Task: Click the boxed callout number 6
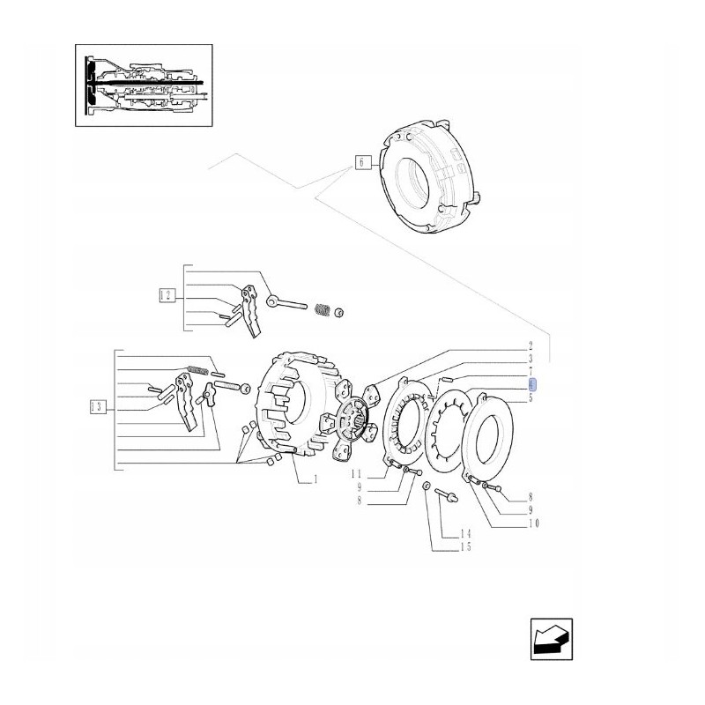(x=360, y=161)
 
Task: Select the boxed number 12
(x=165, y=295)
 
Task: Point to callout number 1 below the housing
(x=313, y=479)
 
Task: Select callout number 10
(x=532, y=523)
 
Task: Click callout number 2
(x=531, y=345)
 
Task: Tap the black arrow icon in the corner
(x=552, y=639)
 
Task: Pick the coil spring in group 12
(x=323, y=310)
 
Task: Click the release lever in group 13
(x=188, y=401)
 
